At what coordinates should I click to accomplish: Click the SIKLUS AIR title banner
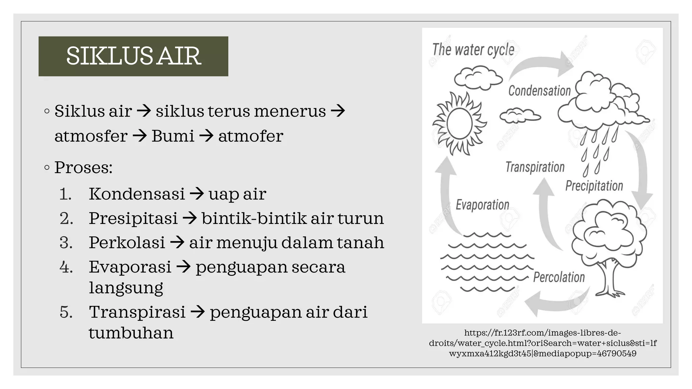click(x=133, y=56)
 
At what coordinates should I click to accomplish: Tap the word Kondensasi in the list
click(x=137, y=194)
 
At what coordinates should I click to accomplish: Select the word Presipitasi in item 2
click(x=133, y=218)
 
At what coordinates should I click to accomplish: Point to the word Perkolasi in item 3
click(x=127, y=242)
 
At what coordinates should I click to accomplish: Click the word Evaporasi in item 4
click(x=130, y=267)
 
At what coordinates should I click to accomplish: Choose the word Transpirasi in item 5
click(x=137, y=312)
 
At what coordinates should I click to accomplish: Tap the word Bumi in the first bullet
click(x=173, y=136)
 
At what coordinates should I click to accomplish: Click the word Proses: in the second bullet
click(x=83, y=167)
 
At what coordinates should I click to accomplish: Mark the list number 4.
click(x=66, y=267)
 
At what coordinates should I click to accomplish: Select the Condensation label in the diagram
click(x=539, y=91)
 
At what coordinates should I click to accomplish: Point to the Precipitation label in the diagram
click(x=594, y=186)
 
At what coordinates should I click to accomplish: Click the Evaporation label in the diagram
click(x=482, y=205)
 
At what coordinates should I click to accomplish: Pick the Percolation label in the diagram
click(x=559, y=277)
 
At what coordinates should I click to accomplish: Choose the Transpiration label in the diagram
click(x=535, y=167)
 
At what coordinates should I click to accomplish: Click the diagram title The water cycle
click(x=473, y=50)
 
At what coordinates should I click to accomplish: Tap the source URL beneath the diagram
click(x=543, y=343)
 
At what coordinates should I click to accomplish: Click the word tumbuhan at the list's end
click(x=131, y=333)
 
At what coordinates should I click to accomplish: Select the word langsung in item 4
click(x=126, y=288)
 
